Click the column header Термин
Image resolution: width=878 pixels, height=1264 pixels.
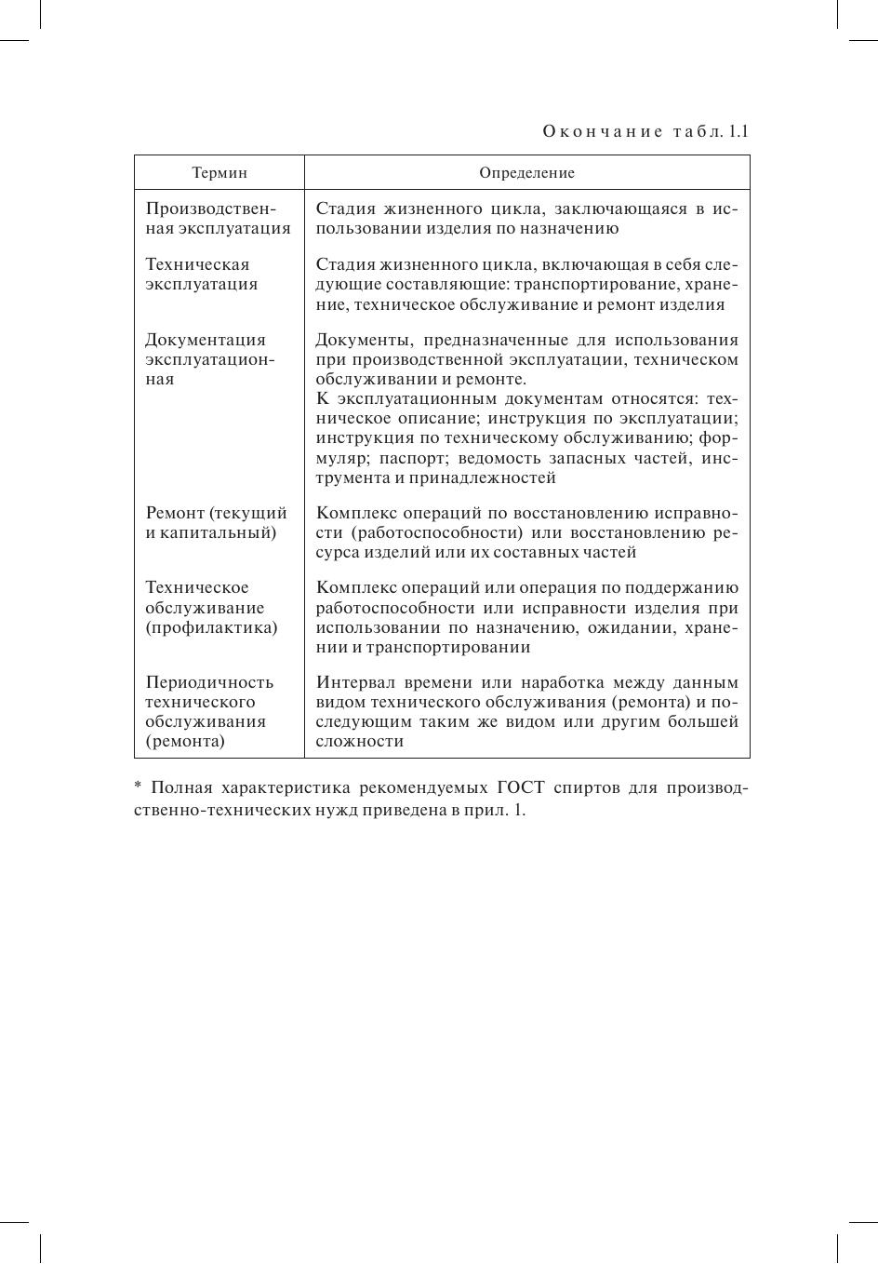[x=219, y=173]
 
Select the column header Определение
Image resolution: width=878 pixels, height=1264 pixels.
[x=526, y=173]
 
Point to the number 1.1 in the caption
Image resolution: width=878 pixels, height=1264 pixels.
[x=738, y=131]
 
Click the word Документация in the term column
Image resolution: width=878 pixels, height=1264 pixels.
[x=206, y=340]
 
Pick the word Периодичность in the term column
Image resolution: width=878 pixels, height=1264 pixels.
[x=209, y=682]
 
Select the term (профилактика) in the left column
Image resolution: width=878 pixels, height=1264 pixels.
[x=211, y=627]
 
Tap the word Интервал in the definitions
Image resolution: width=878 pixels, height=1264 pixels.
[x=354, y=682]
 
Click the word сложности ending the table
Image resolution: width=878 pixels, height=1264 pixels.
[x=359, y=741]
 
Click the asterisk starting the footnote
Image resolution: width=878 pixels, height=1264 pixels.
[x=138, y=788]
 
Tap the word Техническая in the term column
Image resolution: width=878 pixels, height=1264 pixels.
[x=197, y=264]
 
